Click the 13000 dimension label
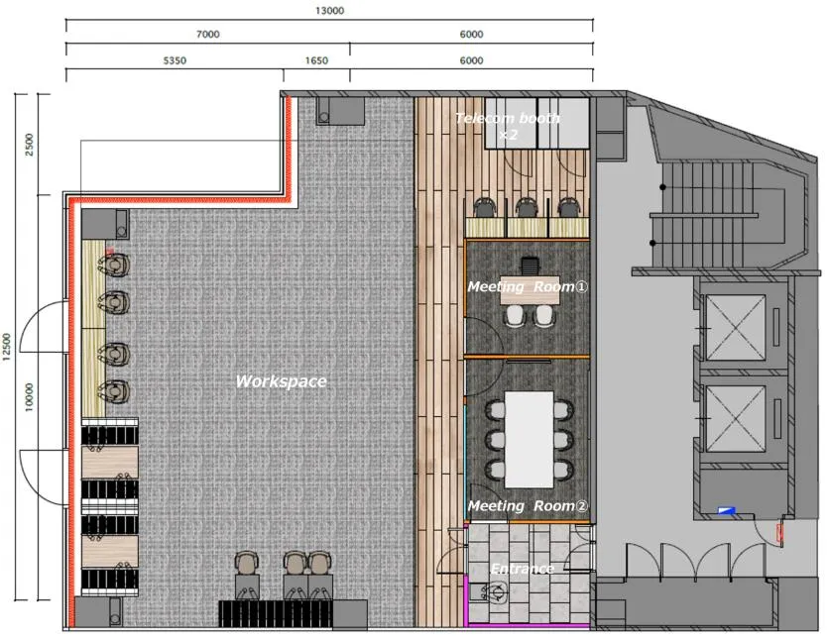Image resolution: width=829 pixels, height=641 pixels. [x=329, y=11]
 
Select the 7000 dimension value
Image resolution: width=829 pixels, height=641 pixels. [x=208, y=35]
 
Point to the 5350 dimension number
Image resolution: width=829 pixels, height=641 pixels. [x=175, y=60]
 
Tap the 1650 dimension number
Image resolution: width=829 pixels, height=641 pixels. [x=316, y=60]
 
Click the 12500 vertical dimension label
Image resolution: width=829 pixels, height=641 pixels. [x=7, y=347]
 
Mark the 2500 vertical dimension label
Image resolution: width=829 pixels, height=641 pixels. [x=29, y=145]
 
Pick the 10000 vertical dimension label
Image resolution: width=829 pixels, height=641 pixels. [x=29, y=397]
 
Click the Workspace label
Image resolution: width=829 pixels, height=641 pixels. [x=281, y=381]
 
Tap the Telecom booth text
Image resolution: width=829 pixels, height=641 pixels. [x=508, y=118]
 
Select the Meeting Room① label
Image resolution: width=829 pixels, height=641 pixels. [x=528, y=286]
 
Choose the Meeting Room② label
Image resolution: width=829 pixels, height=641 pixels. [x=528, y=506]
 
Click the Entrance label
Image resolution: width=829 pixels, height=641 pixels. [x=523, y=569]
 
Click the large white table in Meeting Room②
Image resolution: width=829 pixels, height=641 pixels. [x=530, y=440]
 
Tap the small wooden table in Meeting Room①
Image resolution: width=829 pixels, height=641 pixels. [x=530, y=290]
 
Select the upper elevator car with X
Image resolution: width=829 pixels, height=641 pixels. [x=736, y=327]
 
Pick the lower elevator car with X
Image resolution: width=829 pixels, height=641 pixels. [x=736, y=419]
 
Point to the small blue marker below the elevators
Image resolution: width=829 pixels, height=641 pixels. [x=727, y=510]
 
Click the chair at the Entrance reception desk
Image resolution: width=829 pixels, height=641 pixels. [x=497, y=591]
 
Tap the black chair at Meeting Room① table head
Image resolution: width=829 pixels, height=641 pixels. [x=529, y=264]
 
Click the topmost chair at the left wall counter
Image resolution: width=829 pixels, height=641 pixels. [x=114, y=264]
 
